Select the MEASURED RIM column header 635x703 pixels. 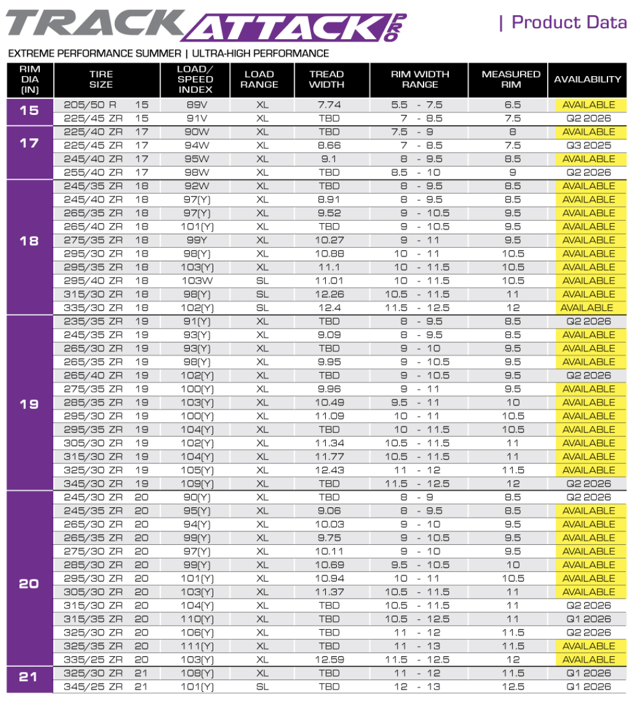click(x=511, y=80)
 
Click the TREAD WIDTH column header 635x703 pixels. click(x=326, y=80)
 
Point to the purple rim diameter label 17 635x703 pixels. click(x=29, y=143)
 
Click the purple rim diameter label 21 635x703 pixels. click(x=29, y=677)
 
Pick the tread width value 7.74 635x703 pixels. click(x=329, y=105)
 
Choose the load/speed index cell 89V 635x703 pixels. click(x=196, y=105)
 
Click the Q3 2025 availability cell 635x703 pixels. click(x=588, y=145)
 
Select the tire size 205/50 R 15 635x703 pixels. click(x=106, y=105)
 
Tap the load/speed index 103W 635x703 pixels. click(x=197, y=281)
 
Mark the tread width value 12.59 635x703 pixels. click(x=329, y=660)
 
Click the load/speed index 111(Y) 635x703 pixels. click(x=197, y=646)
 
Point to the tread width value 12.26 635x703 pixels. click(x=329, y=294)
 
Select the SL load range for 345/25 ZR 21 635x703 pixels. click(x=262, y=687)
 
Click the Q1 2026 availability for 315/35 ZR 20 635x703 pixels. click(x=588, y=619)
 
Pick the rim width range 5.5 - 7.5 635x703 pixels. click(x=416, y=105)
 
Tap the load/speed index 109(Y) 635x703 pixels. click(x=197, y=484)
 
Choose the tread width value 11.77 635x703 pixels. click(x=329, y=457)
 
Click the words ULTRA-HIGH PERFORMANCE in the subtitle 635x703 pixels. click(x=261, y=53)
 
